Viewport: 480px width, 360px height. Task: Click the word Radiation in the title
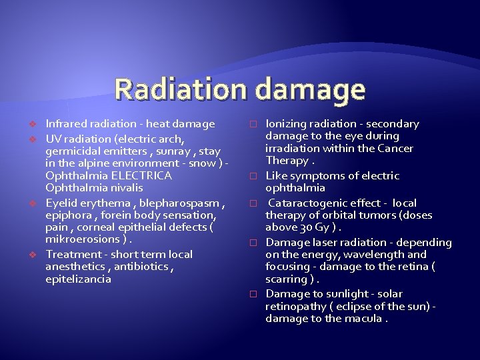178,90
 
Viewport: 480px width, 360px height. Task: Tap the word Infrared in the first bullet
65,123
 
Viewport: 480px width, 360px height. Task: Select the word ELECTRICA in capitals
141,175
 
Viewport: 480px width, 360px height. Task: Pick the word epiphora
67,215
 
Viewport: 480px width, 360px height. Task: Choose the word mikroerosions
83,239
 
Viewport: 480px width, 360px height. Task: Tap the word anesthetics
74,267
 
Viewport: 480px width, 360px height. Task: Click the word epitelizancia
78,279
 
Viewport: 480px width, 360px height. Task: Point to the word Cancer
395,148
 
